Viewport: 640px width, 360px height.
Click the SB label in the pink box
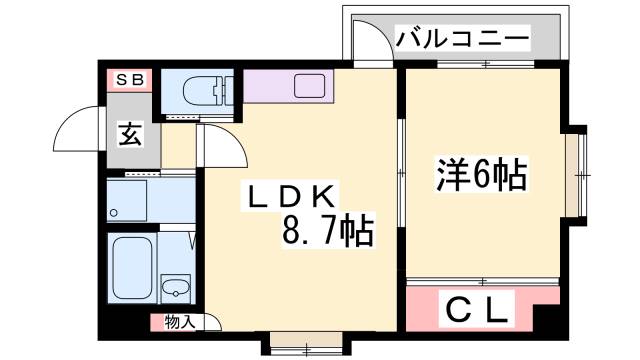pyautogui.click(x=129, y=79)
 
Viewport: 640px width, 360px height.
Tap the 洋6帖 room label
pyautogui.click(x=481, y=176)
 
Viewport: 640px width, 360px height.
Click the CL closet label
pyautogui.click(x=478, y=308)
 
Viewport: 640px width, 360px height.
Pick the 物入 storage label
pyautogui.click(x=179, y=322)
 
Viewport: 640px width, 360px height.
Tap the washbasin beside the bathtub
pyautogui.click(x=177, y=288)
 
